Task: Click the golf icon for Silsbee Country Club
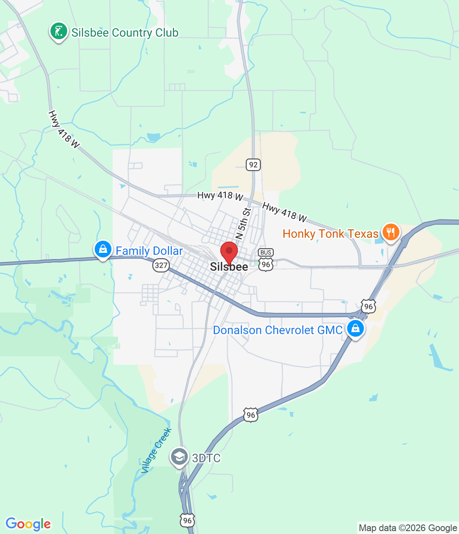click(59, 31)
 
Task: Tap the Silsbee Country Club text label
click(125, 33)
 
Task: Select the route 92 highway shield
click(253, 165)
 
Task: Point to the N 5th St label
click(243, 224)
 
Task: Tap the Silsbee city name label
click(229, 267)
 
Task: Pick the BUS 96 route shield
click(266, 259)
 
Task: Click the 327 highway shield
click(161, 265)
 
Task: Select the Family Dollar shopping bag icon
click(103, 249)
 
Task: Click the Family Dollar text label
click(149, 251)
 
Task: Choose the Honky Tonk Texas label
click(330, 234)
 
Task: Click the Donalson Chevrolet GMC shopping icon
click(355, 328)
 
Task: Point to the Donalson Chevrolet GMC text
click(277, 330)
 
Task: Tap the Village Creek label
click(156, 451)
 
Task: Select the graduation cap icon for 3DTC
click(179, 457)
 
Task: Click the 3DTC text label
click(206, 458)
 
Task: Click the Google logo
click(28, 524)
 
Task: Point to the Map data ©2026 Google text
click(408, 528)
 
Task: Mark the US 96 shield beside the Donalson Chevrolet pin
click(368, 307)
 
